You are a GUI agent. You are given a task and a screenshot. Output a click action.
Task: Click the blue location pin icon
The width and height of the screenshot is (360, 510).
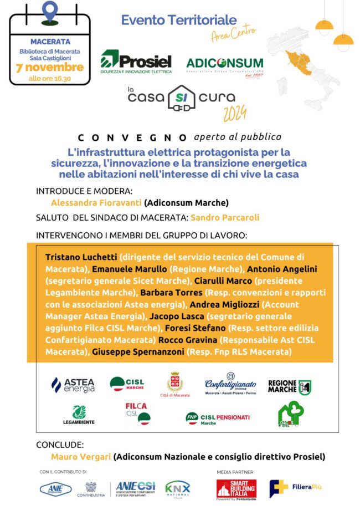point(50,12)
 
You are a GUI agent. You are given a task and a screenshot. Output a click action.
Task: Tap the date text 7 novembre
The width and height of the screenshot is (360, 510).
point(50,68)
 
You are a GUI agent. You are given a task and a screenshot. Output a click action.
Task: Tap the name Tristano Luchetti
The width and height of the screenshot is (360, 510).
point(81,258)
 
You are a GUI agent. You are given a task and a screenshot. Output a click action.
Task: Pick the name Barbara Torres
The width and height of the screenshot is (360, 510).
point(171,292)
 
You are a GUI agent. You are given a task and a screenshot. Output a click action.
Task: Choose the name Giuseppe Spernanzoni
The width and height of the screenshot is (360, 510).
point(138,351)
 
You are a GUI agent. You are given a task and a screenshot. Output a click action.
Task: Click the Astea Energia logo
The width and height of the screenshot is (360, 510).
point(73,385)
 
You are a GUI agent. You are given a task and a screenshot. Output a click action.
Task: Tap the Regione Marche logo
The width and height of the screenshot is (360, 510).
point(289,386)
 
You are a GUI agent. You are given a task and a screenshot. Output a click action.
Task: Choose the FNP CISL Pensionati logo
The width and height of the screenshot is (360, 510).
point(218,419)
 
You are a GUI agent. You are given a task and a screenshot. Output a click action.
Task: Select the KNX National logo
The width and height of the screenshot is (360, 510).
point(177,489)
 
